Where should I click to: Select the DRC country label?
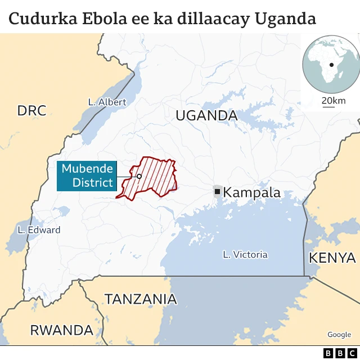[31, 111]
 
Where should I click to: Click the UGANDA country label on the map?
[206, 116]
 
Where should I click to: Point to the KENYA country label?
[332, 258]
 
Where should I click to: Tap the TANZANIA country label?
[141, 299]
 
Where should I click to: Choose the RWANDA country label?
[61, 330]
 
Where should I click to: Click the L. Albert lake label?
[107, 102]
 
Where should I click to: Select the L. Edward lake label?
[39, 229]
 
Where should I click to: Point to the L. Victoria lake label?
[245, 254]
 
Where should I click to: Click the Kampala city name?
[251, 192]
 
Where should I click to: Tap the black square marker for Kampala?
[217, 192]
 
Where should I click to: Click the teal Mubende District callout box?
[87, 175]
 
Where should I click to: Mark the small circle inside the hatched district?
[139, 176]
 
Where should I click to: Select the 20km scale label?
[334, 101]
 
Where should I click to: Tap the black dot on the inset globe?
[332, 65]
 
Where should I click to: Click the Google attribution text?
[339, 335]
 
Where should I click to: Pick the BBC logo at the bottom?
[336, 353]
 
